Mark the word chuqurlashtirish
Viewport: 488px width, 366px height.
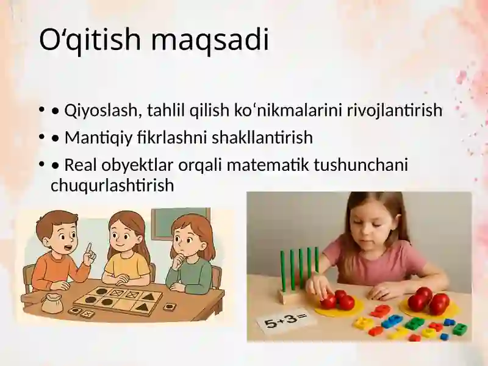point(112,185)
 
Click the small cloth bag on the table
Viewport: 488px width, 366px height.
point(52,303)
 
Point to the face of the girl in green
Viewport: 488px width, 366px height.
point(187,240)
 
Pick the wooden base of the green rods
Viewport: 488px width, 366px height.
point(292,296)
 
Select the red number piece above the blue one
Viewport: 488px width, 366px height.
point(381,310)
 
